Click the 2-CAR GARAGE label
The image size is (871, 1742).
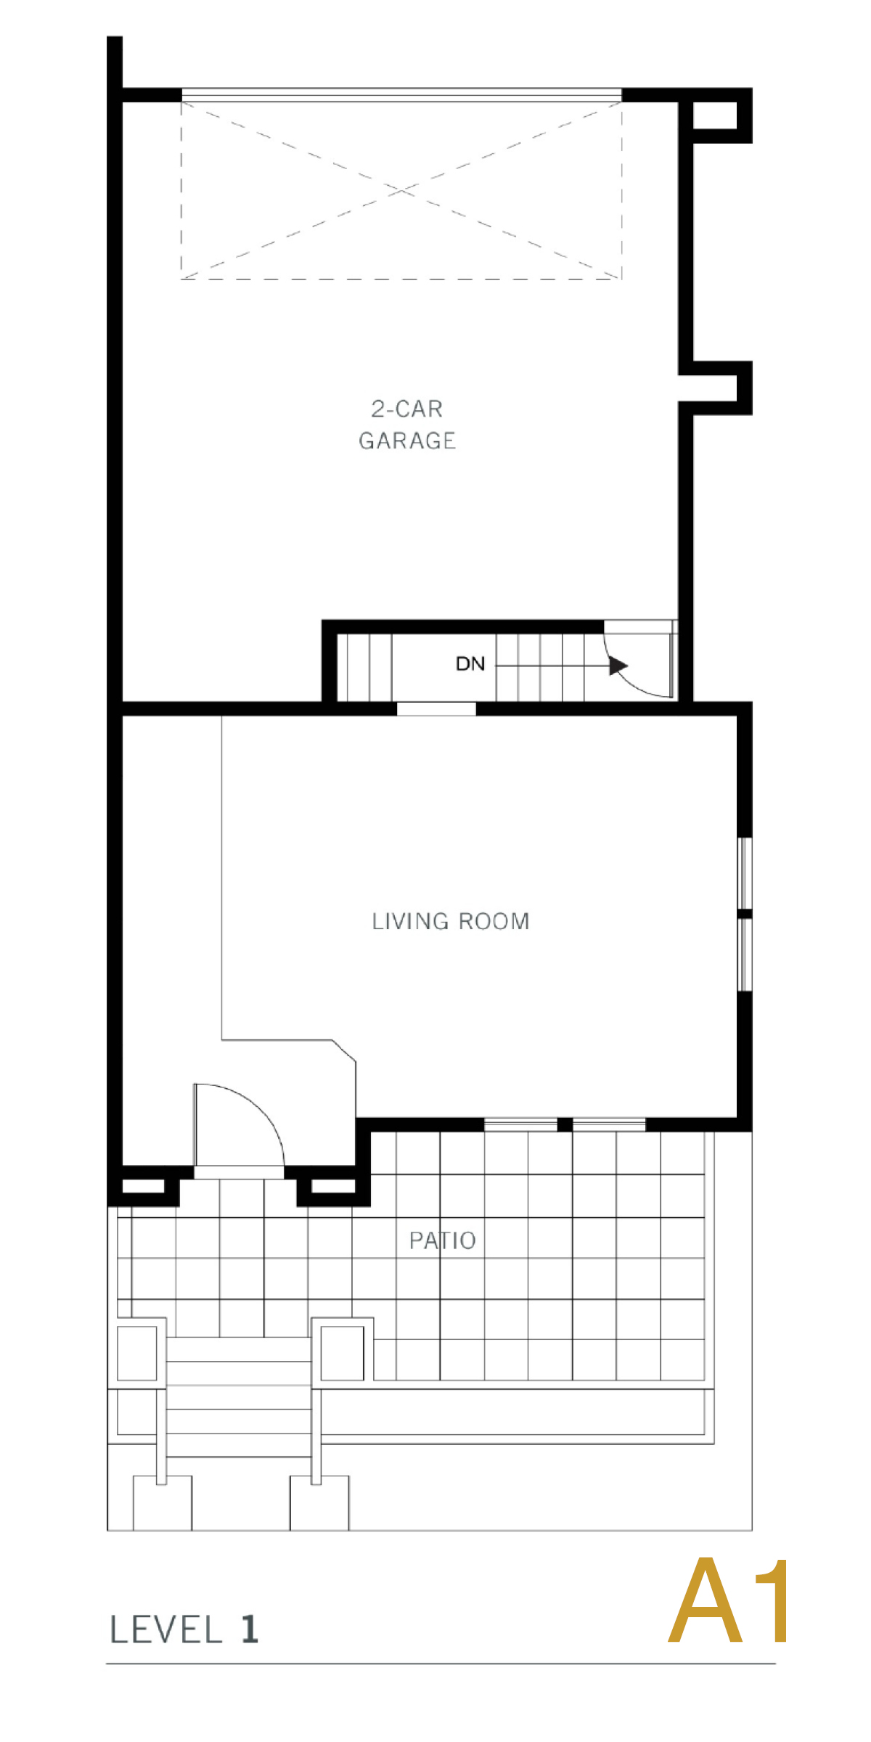point(407,425)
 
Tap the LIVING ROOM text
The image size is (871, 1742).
point(451,921)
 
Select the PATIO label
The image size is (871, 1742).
point(442,1240)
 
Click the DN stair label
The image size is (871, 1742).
point(470,663)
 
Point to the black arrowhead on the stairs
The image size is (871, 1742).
point(618,666)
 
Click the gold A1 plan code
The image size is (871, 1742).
point(729,1600)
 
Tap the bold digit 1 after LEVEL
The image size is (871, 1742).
point(249,1629)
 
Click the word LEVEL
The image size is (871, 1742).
point(165,1629)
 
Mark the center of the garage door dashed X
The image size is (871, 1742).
point(401,190)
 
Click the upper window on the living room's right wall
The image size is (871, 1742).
point(745,873)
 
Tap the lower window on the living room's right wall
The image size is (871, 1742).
point(745,954)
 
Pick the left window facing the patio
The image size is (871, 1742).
point(520,1124)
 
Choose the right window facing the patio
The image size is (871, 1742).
point(609,1124)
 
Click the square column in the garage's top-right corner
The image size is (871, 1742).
point(715,115)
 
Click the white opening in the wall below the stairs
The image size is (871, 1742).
point(436,708)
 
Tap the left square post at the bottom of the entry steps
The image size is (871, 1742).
point(163,1503)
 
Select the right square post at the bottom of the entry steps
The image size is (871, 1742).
point(319,1503)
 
